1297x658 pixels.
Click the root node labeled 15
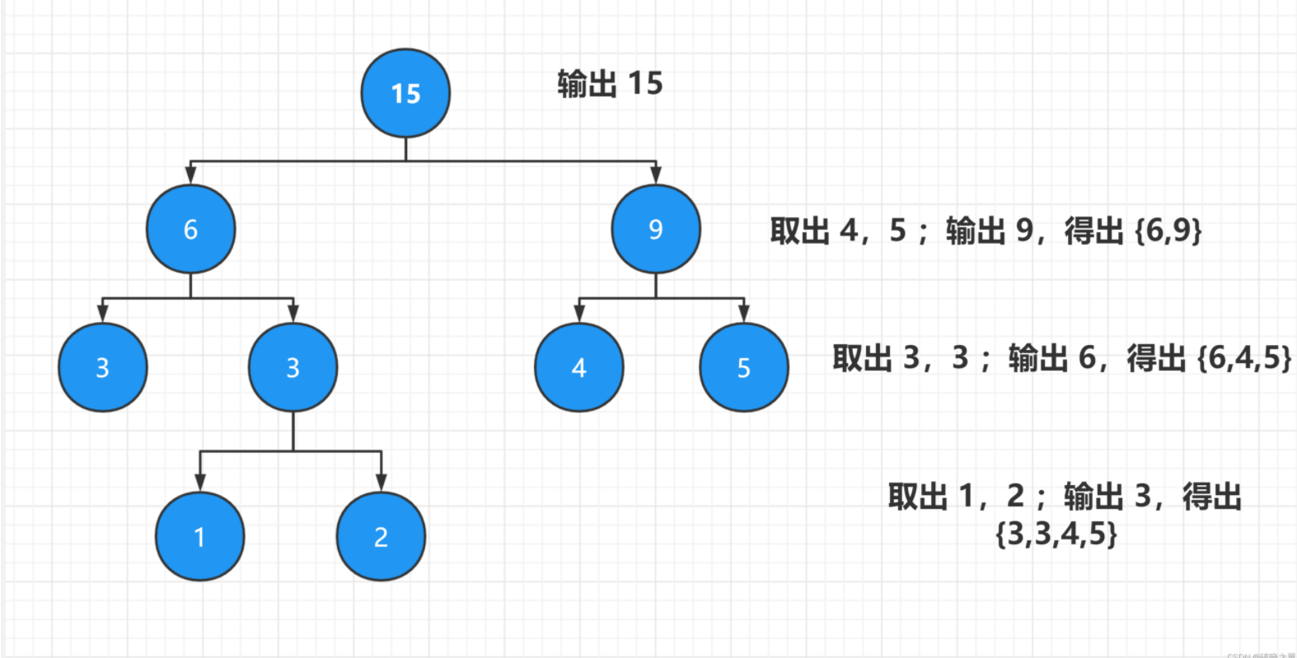tap(405, 93)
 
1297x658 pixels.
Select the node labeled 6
tap(190, 229)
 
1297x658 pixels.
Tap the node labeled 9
tap(655, 229)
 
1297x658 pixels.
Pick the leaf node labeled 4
tap(578, 367)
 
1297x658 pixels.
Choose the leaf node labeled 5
tap(743, 367)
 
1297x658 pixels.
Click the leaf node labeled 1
tap(199, 536)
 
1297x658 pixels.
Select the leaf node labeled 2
tap(381, 536)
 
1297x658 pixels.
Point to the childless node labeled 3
tap(102, 367)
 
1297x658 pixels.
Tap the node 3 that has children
tap(293, 367)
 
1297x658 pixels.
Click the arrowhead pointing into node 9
tap(655, 175)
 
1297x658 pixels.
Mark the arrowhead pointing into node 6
tap(190, 175)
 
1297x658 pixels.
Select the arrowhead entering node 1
tap(199, 482)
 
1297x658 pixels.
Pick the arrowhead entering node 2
tap(381, 482)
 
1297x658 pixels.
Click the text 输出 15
tap(610, 83)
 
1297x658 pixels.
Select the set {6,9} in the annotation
tap(1168, 230)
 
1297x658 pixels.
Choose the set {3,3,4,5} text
tap(1056, 534)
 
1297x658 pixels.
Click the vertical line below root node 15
tap(405, 149)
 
